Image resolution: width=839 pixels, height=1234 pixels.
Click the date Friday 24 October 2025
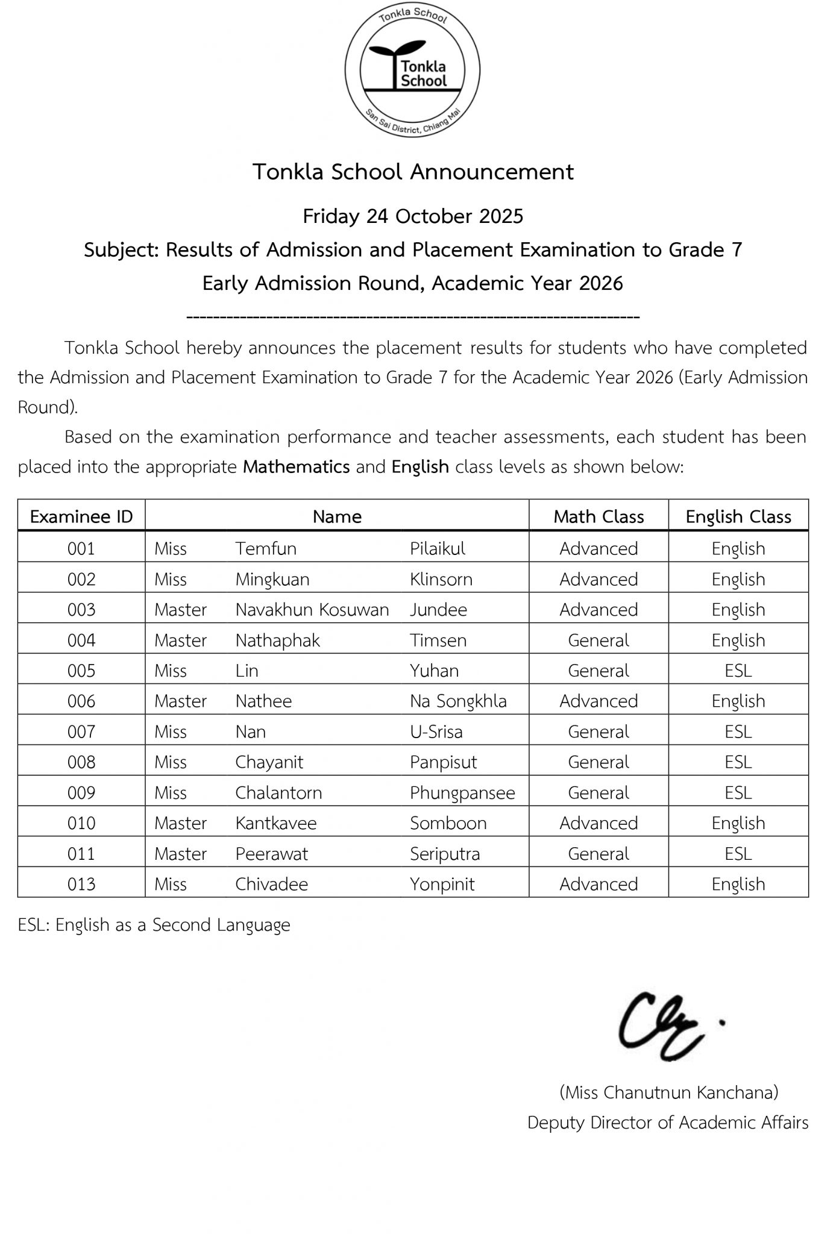413,216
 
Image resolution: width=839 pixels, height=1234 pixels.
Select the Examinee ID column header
81,516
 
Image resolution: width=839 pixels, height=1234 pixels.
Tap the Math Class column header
599,516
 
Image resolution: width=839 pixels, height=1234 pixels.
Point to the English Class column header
738,516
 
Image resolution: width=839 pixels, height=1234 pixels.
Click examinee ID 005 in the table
81,671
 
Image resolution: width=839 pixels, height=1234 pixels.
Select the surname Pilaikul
438,548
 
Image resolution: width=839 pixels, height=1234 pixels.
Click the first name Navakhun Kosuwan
312,610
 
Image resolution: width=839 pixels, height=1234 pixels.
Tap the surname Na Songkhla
458,701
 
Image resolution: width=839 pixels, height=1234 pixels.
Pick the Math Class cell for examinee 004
599,640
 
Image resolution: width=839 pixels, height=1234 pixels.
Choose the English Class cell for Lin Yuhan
738,671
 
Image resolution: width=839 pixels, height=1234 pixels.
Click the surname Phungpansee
462,793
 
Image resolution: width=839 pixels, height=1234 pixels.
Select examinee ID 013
81,885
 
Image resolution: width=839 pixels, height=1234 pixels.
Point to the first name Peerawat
271,854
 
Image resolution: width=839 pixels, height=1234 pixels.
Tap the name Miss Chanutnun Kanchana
669,1092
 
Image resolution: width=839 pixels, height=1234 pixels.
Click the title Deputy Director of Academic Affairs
668,1123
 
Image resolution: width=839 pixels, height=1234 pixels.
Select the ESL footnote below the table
154,925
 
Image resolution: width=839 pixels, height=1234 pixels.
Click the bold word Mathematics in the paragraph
297,467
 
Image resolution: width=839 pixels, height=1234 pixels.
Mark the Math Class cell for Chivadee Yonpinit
599,885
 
